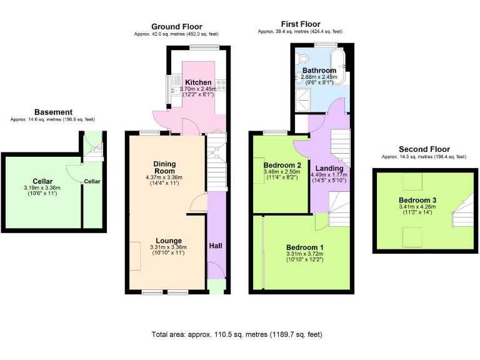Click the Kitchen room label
[197, 82]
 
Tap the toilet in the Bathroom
[302, 60]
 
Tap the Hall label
[216, 245]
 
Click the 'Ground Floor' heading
[177, 26]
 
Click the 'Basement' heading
[53, 112]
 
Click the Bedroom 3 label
[417, 200]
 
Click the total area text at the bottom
[237, 334]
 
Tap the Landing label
[329, 168]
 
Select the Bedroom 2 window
[272, 132]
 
